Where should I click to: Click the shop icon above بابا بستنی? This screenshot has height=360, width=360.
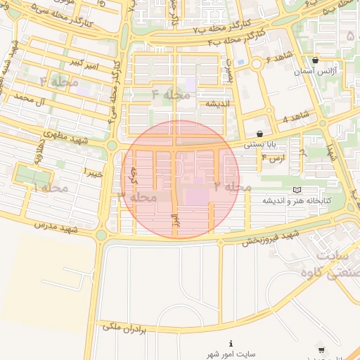pos(260,133)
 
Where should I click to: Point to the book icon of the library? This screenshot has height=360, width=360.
pos(296,190)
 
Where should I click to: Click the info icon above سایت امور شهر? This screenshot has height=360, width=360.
pos(231,343)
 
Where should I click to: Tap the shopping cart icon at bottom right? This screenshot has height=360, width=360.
pos(321,349)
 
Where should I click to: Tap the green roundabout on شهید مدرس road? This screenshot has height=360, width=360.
pos(101,235)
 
